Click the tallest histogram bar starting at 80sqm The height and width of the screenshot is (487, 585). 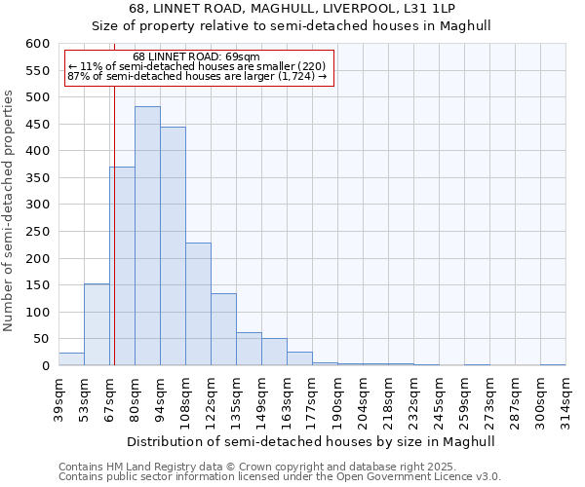click(147, 236)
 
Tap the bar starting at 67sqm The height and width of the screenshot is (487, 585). click(122, 266)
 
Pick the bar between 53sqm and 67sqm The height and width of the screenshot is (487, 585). click(97, 324)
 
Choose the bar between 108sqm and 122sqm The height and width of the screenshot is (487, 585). click(198, 304)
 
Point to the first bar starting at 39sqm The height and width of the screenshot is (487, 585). click(71, 359)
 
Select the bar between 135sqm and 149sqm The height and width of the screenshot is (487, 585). click(249, 349)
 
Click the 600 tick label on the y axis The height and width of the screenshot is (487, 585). click(37, 44)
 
